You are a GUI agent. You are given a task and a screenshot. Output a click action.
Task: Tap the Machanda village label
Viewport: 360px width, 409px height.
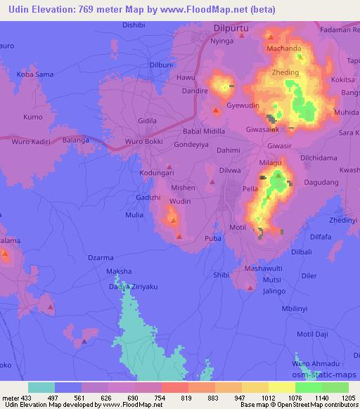coord(284,48)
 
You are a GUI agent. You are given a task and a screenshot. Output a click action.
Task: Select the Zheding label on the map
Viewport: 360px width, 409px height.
coord(285,72)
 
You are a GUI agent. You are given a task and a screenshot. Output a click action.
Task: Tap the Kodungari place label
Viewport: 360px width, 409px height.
coord(156,173)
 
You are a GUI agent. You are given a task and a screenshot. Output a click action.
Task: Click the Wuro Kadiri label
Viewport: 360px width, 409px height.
coord(32,142)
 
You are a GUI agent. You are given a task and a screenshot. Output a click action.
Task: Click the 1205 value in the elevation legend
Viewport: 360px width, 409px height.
coord(348,396)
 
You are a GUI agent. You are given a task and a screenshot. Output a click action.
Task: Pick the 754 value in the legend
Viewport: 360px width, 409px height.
coord(160,396)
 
